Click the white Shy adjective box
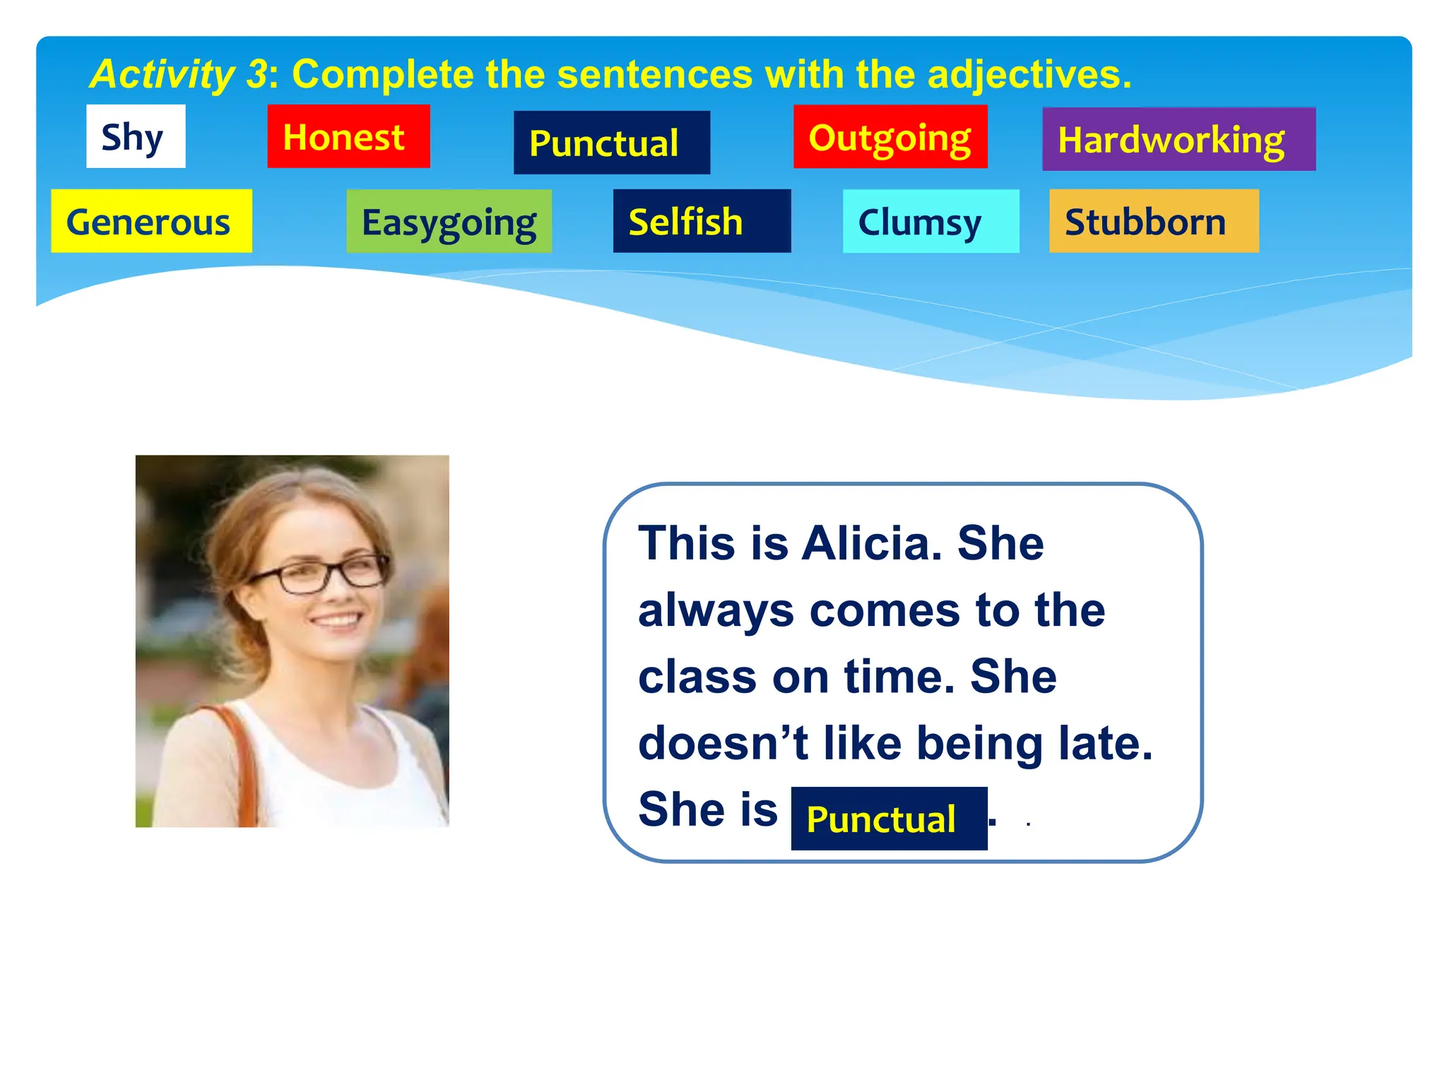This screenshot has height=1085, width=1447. point(136,136)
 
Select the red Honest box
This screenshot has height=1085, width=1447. point(348,136)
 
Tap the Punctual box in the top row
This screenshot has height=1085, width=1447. point(611,143)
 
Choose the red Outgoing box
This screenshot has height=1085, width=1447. point(890,137)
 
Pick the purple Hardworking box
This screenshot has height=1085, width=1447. point(1178,139)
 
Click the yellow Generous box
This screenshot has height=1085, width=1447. point(151,221)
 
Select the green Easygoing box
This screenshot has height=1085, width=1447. point(449,221)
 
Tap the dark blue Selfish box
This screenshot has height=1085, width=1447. point(701,221)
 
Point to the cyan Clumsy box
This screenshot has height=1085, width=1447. point(930,221)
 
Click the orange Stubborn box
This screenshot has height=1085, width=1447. point(1153,221)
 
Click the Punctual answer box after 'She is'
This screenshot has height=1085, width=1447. point(888,819)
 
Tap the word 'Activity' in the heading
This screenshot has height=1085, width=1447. point(162,74)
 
